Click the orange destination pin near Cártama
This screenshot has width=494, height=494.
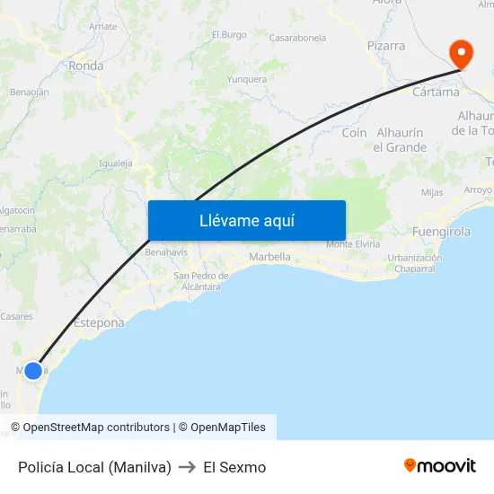click(x=462, y=52)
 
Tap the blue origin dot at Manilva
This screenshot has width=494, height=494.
click(x=33, y=370)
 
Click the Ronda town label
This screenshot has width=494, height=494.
click(x=86, y=66)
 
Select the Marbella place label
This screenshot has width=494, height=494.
click(x=269, y=257)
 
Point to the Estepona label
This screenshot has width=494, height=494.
click(x=99, y=322)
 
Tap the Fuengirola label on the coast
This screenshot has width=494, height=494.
click(x=441, y=232)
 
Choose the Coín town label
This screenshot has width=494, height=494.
click(x=355, y=133)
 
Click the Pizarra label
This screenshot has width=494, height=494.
click(x=386, y=45)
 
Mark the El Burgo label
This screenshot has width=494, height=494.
click(x=229, y=35)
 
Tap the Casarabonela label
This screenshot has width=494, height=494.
click(x=297, y=38)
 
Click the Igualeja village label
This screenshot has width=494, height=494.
click(x=116, y=163)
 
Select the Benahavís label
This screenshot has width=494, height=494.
click(x=165, y=252)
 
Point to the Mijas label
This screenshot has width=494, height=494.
click(x=432, y=192)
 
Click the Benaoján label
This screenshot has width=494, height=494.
click(x=29, y=92)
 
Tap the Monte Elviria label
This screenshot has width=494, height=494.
click(x=353, y=244)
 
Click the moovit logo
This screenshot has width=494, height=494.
click(x=440, y=466)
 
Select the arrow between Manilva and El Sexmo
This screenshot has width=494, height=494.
click(x=188, y=467)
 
